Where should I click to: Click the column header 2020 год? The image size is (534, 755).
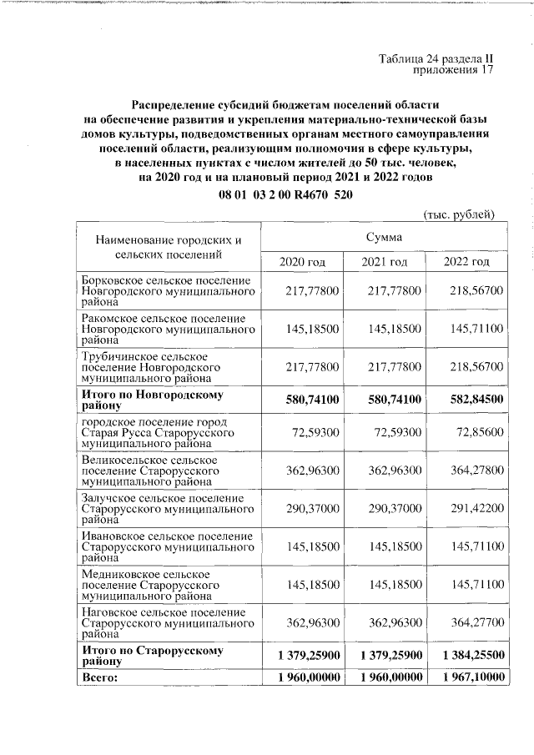coord(302,262)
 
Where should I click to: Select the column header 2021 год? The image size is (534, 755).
coord(384,262)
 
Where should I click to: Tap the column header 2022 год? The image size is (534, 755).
coord(466,262)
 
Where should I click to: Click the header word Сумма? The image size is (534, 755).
coord(384,238)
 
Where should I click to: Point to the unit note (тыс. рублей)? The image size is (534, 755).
coord(460,214)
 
